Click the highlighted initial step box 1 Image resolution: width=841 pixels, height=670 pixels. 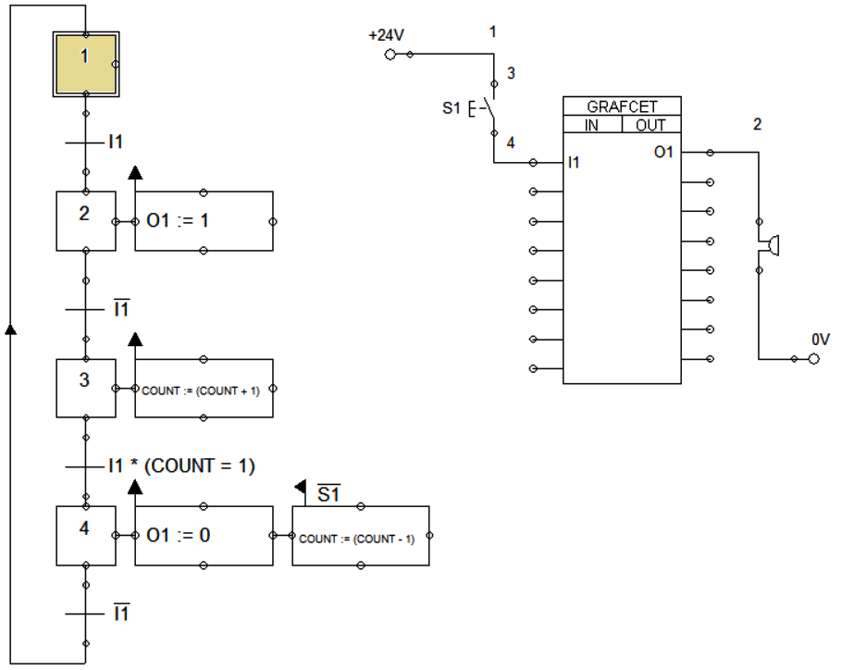point(86,65)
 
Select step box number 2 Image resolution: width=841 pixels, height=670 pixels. point(86,221)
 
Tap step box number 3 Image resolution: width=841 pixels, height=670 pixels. point(86,389)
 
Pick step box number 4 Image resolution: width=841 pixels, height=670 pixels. point(86,536)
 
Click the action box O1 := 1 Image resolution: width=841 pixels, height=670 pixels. point(204,221)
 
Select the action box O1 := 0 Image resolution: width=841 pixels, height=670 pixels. point(204,536)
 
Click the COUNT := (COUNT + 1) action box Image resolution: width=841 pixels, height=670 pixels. point(204,389)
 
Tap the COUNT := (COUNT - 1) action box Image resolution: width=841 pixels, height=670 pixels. point(361,536)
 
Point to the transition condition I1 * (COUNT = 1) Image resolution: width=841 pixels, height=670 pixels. point(182,465)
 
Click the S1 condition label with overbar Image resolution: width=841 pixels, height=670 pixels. point(328,493)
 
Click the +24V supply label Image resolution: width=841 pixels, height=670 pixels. point(386,35)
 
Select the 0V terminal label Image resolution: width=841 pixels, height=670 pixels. point(821,340)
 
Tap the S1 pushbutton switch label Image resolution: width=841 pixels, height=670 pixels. point(451,108)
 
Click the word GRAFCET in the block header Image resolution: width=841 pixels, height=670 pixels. point(622,106)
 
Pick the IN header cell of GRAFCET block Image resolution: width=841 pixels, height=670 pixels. point(592,125)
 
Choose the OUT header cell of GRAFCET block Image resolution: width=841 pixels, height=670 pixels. point(651,125)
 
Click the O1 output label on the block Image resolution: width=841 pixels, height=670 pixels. point(663,153)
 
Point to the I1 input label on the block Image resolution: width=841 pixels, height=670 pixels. point(574,162)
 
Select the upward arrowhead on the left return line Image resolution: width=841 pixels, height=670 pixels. point(11,329)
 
